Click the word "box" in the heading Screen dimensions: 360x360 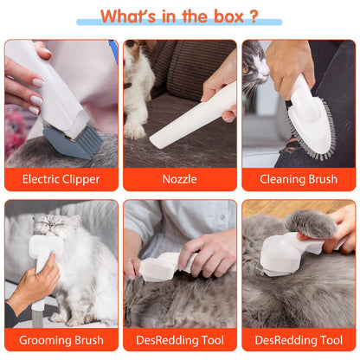[x=222, y=16]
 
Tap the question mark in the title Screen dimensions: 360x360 [x=252, y=16]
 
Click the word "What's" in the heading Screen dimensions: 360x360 [x=131, y=16]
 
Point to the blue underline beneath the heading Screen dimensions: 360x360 [x=179, y=23]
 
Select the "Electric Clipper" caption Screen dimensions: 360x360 [x=61, y=179]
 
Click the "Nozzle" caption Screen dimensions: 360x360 [x=180, y=179]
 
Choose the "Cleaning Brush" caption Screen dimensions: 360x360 [x=299, y=179]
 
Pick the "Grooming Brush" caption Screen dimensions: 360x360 [x=61, y=340]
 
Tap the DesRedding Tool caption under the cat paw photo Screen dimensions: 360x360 [x=299, y=340]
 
